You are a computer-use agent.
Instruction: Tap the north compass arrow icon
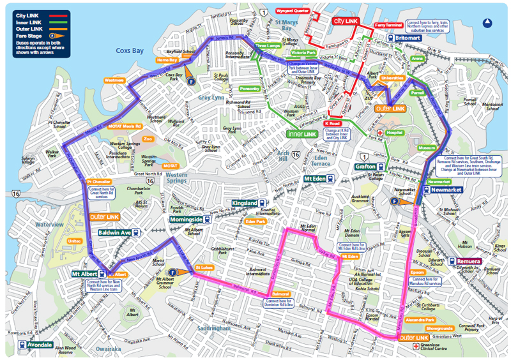point(487,22)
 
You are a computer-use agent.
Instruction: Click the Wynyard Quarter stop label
point(293,11)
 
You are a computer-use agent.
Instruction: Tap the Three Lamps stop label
point(268,47)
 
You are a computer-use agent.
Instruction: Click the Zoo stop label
point(148,139)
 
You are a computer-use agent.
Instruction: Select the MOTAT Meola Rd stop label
point(125,126)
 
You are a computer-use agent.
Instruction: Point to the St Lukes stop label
point(204,267)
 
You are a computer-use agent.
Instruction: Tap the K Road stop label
point(332,123)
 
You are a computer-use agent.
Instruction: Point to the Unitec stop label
point(74,241)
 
